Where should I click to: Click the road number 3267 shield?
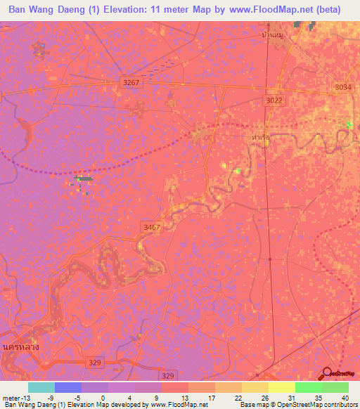click(131, 82)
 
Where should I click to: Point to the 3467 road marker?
click(151, 227)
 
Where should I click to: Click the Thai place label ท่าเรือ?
click(260, 138)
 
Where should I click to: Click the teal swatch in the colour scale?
click(41, 387)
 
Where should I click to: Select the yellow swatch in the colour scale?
click(281, 387)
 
